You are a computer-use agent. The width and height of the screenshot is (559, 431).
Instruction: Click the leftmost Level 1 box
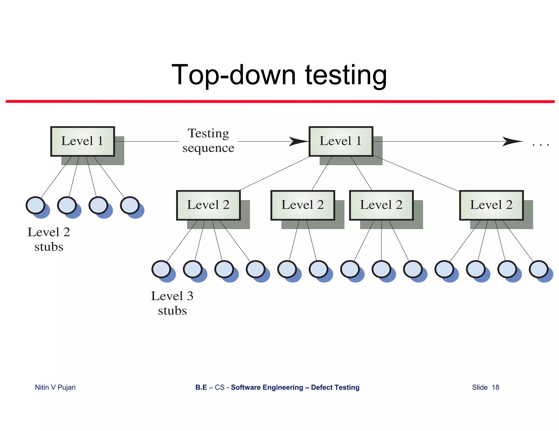tap(82, 141)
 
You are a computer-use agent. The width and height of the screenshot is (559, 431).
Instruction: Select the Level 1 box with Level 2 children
tap(341, 141)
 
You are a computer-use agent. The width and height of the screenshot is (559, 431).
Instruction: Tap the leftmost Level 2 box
tap(208, 205)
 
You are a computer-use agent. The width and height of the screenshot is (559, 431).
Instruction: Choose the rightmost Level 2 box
tap(491, 205)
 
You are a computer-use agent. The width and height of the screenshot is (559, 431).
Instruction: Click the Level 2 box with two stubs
tap(303, 205)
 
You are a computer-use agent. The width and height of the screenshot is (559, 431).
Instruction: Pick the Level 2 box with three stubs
tap(381, 205)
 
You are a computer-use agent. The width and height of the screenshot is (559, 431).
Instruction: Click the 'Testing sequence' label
tap(208, 141)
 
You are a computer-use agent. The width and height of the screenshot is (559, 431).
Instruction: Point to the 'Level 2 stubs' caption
tap(49, 239)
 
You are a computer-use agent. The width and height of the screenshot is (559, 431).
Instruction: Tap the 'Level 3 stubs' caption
tap(172, 303)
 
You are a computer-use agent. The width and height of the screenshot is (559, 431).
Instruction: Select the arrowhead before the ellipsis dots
tap(512, 141)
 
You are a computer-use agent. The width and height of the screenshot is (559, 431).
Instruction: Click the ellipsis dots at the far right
tap(540, 145)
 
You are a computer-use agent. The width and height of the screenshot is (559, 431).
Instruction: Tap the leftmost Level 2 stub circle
tap(35, 205)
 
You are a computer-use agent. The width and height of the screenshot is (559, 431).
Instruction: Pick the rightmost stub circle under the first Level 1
tap(130, 205)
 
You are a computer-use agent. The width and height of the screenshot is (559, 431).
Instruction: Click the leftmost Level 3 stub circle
tap(161, 269)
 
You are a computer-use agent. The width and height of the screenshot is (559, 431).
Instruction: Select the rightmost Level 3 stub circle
tap(539, 269)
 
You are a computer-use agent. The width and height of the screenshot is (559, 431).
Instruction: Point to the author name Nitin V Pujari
tap(55, 387)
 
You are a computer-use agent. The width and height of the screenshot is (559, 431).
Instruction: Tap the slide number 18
tap(495, 387)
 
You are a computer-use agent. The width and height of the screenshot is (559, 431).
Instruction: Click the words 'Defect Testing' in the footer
tap(335, 387)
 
